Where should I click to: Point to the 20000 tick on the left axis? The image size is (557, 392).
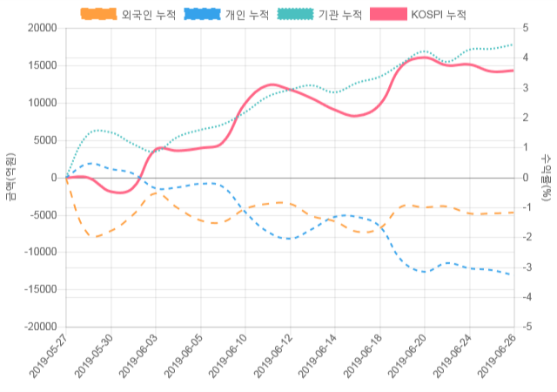pyautogui.click(x=42, y=28)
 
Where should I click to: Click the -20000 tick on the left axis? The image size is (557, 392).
pyautogui.click(x=40, y=327)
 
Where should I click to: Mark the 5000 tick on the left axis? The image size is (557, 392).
pyautogui.click(x=45, y=140)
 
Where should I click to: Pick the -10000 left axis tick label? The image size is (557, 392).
pyautogui.click(x=40, y=252)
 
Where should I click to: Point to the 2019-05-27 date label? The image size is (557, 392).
pyautogui.click(x=49, y=357)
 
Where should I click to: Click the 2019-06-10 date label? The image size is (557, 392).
pyautogui.click(x=229, y=357)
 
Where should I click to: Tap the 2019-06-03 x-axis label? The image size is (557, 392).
pyautogui.click(x=139, y=357)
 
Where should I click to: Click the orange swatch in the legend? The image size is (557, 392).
pyautogui.click(x=98, y=15)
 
